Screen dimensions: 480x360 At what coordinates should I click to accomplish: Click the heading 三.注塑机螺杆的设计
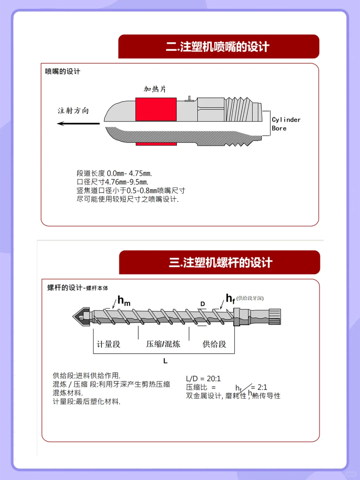(220, 263)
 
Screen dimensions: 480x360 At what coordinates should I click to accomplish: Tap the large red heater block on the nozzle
(156, 109)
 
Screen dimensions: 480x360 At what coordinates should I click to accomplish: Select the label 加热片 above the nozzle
(155, 89)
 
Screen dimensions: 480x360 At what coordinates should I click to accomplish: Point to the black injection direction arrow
(78, 124)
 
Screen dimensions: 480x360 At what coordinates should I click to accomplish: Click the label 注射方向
(73, 111)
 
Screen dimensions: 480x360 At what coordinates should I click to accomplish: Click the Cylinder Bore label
(286, 124)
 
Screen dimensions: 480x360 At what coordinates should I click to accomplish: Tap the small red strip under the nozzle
(156, 144)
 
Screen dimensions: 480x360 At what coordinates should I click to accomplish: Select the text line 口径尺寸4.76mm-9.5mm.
(113, 182)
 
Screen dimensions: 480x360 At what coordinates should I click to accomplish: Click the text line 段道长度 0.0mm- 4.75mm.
(114, 173)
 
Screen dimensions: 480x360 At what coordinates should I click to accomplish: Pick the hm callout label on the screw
(124, 301)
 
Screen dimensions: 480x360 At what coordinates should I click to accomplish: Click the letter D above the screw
(203, 304)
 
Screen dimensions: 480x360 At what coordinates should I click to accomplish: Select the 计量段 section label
(108, 344)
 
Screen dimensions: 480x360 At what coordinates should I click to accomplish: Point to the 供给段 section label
(214, 344)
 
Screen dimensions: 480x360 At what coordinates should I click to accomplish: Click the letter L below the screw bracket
(165, 361)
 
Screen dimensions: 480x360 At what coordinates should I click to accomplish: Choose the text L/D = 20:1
(203, 379)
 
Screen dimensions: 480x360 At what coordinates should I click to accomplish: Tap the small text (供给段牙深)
(250, 298)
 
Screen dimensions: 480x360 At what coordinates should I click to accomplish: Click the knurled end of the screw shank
(275, 317)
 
